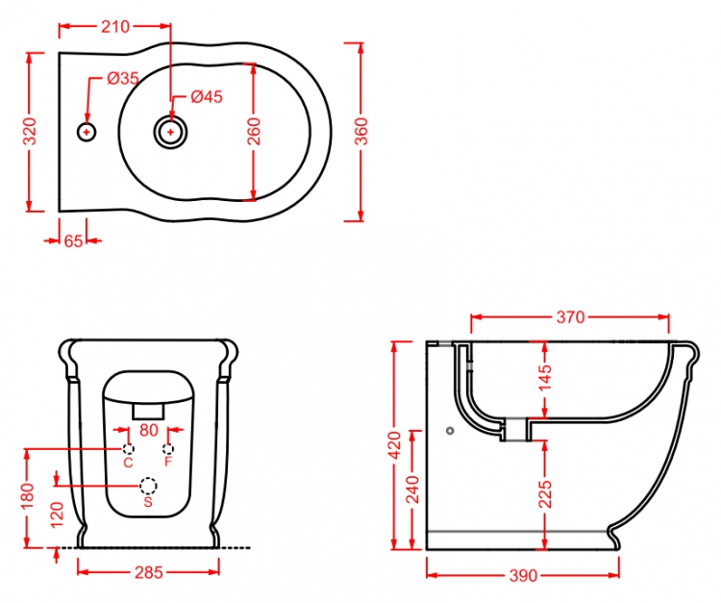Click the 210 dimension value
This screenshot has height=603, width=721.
(x=115, y=27)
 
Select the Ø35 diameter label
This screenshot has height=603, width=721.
(x=123, y=78)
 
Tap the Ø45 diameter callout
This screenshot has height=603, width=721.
(x=207, y=96)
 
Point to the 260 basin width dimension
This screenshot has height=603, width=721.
(x=254, y=132)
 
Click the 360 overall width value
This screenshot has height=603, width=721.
(x=361, y=132)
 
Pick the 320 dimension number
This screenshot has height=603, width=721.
(x=30, y=132)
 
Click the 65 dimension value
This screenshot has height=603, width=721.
(x=73, y=240)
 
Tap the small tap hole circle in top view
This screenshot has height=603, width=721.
(x=87, y=133)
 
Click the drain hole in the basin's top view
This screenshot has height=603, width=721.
(x=170, y=133)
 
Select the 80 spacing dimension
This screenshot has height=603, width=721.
(x=148, y=430)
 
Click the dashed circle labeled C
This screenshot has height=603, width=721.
(x=128, y=449)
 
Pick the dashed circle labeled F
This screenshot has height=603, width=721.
(x=168, y=449)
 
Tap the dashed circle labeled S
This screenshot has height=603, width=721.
(x=148, y=486)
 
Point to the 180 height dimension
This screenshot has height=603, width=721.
(x=27, y=495)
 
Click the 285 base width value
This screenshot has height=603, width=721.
(x=148, y=572)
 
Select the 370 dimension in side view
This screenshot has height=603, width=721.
(x=570, y=317)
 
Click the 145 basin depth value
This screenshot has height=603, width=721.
(x=545, y=377)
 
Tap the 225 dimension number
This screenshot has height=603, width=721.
(x=545, y=494)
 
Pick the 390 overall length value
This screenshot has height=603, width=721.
(x=523, y=575)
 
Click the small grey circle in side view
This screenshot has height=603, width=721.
(x=450, y=431)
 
